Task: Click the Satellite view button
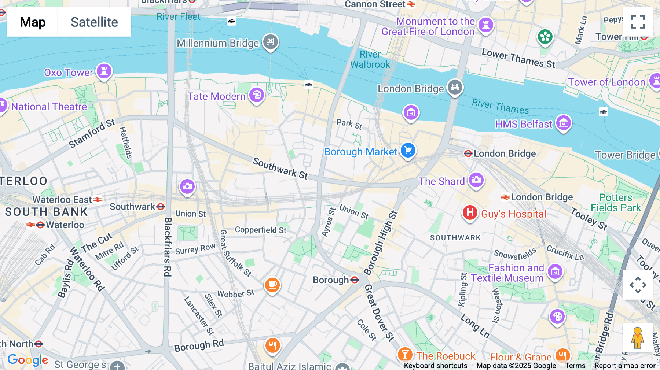94,22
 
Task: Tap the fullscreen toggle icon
638,22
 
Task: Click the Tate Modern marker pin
257,95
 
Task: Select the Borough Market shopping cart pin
408,150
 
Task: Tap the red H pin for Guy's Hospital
470,212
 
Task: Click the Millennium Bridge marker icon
271,42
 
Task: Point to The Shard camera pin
476,180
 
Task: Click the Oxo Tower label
69,73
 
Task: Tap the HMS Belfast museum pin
564,123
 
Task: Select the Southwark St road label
280,169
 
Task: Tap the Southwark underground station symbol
161,207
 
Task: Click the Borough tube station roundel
355,280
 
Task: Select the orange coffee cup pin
272,285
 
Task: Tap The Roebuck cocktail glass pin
405,354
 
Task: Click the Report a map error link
625,366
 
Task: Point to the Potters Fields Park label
616,203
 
